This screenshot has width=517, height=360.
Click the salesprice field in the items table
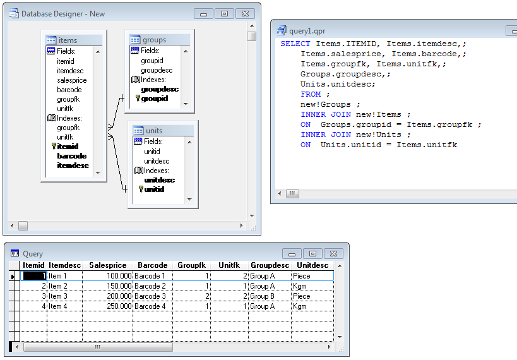pos(71,80)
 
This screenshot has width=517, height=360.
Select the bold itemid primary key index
pos(68,146)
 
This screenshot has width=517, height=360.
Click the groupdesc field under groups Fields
pos(157,70)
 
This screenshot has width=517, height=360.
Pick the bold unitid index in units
pos(154,189)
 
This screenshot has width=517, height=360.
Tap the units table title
pos(154,131)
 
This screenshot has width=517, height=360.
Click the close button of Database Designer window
pos(245,13)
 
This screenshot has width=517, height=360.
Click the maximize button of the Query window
pos(312,253)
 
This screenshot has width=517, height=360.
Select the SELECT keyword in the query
pos(295,44)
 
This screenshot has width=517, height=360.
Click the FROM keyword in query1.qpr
pos(311,94)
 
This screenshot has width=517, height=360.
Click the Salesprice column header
pos(107,265)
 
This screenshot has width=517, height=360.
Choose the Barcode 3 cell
pos(150,296)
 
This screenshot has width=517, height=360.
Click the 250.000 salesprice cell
pos(119,306)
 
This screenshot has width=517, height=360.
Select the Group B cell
pos(262,296)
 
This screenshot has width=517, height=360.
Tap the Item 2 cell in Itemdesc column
pos(57,285)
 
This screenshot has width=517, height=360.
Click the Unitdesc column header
pos(312,265)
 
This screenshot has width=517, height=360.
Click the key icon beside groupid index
pos(138,99)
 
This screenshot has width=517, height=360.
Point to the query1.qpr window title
pos(307,31)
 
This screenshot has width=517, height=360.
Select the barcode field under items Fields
pos(69,90)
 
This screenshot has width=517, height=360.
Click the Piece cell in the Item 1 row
pos(301,276)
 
